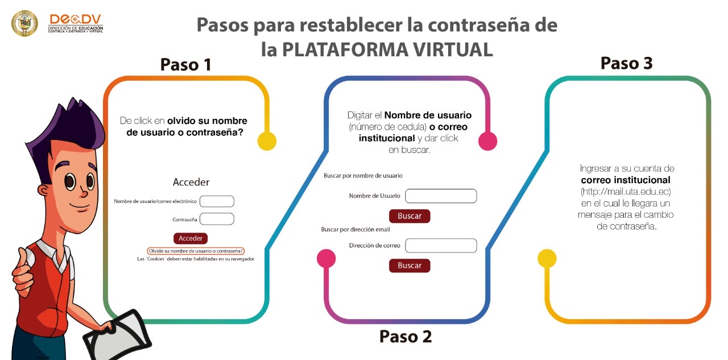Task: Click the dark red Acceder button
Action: click(191, 238)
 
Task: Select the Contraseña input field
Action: click(217, 219)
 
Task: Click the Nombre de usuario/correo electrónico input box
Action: click(217, 201)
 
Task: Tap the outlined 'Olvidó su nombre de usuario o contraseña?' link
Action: click(196, 251)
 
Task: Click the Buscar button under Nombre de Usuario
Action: click(409, 216)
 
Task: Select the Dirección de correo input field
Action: click(441, 246)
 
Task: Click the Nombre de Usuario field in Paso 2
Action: click(441, 196)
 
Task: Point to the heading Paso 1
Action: click(185, 65)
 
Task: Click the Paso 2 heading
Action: click(406, 336)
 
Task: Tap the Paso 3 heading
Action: click(626, 63)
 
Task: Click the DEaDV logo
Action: click(76, 23)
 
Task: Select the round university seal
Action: click(24, 23)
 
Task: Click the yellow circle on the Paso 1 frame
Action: click(267, 141)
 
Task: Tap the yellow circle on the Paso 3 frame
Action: click(547, 259)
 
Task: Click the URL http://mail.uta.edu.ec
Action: click(626, 192)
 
